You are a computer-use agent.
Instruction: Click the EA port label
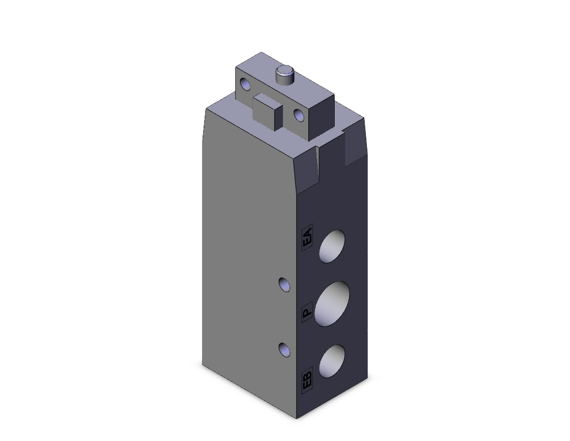point(307,238)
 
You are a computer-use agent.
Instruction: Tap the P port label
point(307,312)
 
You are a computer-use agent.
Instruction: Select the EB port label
point(307,382)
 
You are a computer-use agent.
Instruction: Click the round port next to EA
point(332,246)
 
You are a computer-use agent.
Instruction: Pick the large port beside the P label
point(332,304)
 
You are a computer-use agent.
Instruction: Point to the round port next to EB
point(332,361)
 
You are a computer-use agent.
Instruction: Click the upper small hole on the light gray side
point(284,284)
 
